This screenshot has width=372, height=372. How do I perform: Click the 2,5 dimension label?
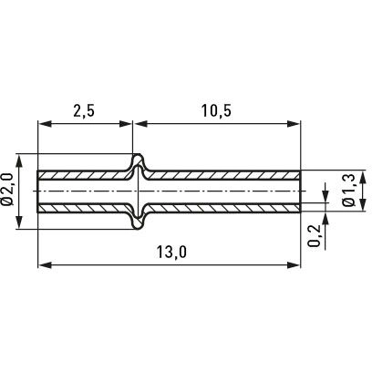[x=84, y=111]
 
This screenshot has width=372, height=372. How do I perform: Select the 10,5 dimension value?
[x=216, y=111]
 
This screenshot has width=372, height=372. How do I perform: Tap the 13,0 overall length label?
[x=171, y=252]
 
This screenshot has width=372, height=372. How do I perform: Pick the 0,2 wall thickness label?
[x=315, y=235]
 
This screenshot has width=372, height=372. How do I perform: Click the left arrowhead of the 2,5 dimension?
[x=44, y=124]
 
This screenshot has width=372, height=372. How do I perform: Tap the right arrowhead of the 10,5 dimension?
[x=294, y=124]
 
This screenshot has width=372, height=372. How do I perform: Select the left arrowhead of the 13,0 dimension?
[x=44, y=265]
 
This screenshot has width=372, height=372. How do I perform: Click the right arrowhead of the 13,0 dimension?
[x=294, y=265]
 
